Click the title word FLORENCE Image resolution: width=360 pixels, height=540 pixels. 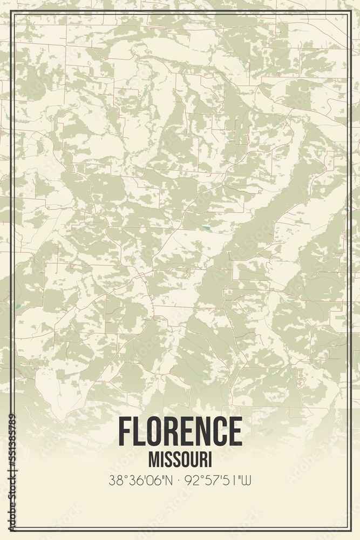pyautogui.click(x=180, y=431)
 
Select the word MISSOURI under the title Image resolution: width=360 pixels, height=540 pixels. pyautogui.click(x=180, y=460)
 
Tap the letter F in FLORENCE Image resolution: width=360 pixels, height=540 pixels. pyautogui.click(x=125, y=431)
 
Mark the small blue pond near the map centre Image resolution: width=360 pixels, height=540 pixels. pyautogui.click(x=206, y=229)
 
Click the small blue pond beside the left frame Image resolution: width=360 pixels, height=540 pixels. pyautogui.click(x=18, y=306)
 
